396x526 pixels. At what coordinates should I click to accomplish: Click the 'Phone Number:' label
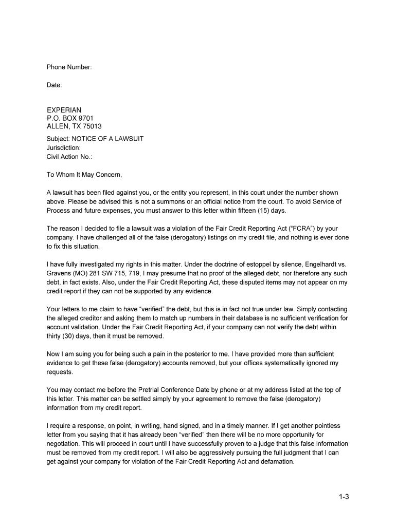tap(69, 67)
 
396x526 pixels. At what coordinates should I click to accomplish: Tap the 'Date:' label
tap(55, 85)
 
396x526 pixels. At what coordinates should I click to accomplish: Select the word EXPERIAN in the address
tap(64, 110)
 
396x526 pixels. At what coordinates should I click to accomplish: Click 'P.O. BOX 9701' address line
tap(70, 118)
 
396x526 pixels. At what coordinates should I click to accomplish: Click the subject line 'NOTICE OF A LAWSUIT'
tap(107, 139)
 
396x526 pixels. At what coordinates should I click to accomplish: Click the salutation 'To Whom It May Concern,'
tap(84, 175)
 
